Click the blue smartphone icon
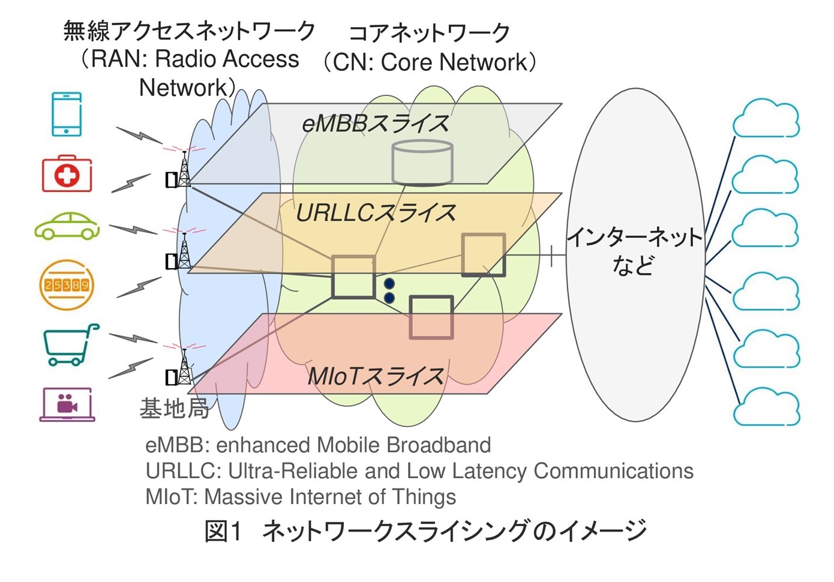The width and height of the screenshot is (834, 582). pyautogui.click(x=67, y=114)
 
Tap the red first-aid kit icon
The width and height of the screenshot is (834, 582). pyautogui.click(x=67, y=175)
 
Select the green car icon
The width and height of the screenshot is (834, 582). pyautogui.click(x=67, y=226)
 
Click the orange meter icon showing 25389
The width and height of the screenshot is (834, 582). pyautogui.click(x=67, y=284)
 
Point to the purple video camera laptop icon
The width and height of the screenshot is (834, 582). pyautogui.click(x=67, y=404)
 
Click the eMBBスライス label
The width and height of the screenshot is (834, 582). pyautogui.click(x=376, y=124)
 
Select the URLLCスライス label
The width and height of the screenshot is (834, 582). pyautogui.click(x=376, y=213)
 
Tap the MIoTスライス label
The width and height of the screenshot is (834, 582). pyautogui.click(x=376, y=376)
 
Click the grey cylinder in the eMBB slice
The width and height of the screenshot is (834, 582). pyautogui.click(x=422, y=162)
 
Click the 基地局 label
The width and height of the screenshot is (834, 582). pyautogui.click(x=174, y=409)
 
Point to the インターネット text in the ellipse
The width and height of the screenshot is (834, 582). pyautogui.click(x=634, y=238)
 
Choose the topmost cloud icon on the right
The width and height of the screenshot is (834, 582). pyautogui.click(x=766, y=119)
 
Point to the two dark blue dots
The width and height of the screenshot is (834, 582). pyautogui.click(x=389, y=290)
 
